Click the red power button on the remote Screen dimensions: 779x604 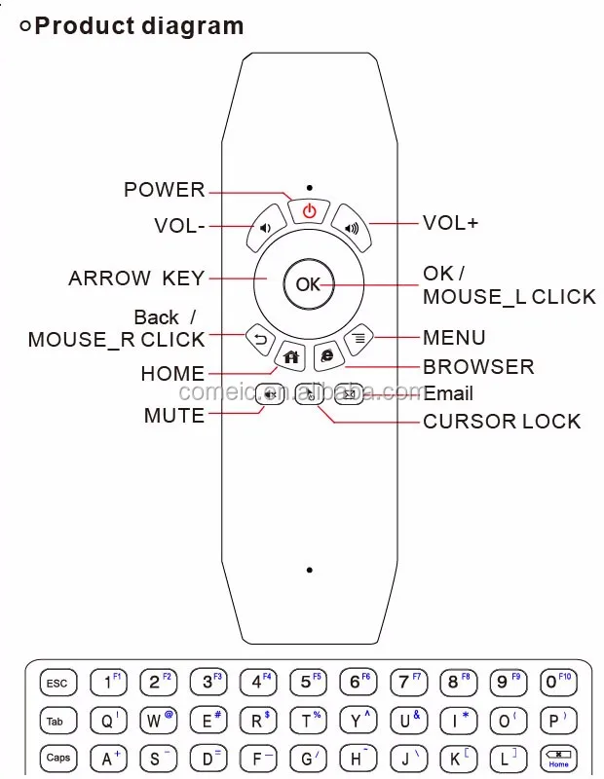pyautogui.click(x=309, y=210)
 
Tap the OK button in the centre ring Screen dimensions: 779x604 pyautogui.click(x=308, y=284)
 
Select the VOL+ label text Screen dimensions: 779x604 pyautogui.click(x=450, y=223)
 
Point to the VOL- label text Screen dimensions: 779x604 pyautogui.click(x=179, y=226)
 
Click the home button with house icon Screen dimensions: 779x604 pyautogui.click(x=290, y=356)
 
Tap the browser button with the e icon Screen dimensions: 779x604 pyautogui.click(x=327, y=356)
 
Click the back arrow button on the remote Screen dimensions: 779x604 pyautogui.click(x=259, y=338)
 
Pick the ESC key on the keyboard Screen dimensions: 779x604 pyautogui.click(x=57, y=684)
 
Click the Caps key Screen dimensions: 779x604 pyautogui.click(x=57, y=758)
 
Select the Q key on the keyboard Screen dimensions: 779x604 pyautogui.click(x=107, y=722)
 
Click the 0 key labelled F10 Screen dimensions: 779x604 pyautogui.click(x=558, y=683)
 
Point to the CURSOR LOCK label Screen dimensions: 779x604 pyautogui.click(x=502, y=422)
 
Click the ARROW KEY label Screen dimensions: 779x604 pyautogui.click(x=136, y=278)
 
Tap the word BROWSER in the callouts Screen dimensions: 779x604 pyautogui.click(x=478, y=367)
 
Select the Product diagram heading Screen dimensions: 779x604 pyautogui.click(x=138, y=25)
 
